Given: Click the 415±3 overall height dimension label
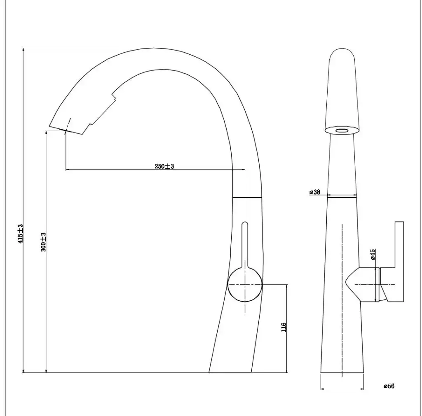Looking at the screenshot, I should [20, 234].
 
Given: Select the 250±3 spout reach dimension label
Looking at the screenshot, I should [164, 166].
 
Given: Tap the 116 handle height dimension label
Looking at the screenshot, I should [284, 327].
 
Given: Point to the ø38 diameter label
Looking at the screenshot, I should [314, 192].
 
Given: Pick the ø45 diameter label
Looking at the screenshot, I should [373, 254].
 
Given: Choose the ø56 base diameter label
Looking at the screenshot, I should [389, 386].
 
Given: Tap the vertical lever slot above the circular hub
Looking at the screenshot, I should [245, 245].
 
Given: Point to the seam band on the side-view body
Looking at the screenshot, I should [247, 198].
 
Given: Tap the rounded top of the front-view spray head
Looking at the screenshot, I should [342, 53].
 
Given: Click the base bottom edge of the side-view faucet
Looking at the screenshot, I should [231, 372].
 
